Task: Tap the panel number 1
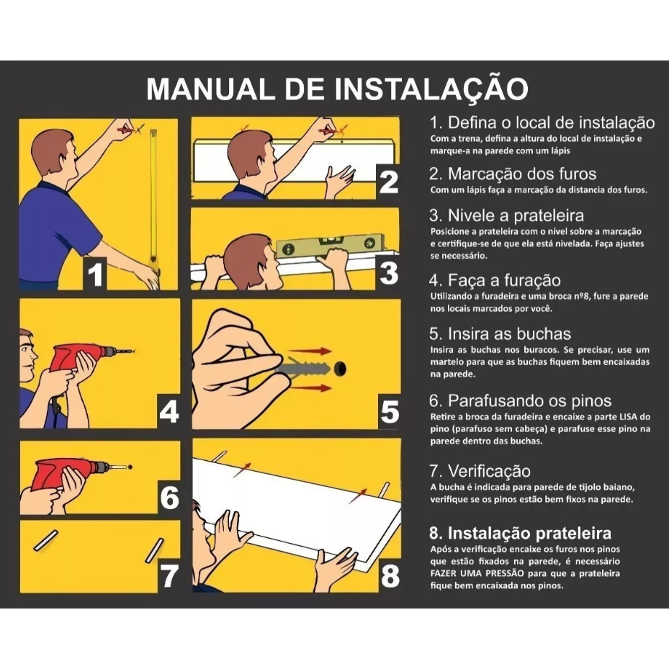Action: (95, 274)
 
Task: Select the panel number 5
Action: (390, 412)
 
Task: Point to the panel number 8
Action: (390, 576)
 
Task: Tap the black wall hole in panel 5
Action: (341, 369)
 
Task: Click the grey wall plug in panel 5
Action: (304, 367)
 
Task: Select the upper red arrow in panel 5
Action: (313, 351)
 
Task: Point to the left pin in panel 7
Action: (45, 541)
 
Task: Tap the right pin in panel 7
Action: (154, 550)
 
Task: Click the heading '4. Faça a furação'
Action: (495, 280)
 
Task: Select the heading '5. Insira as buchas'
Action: (500, 333)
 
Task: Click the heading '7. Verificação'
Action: (480, 471)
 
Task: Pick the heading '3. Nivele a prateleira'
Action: (506, 215)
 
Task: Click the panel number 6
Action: (169, 497)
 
